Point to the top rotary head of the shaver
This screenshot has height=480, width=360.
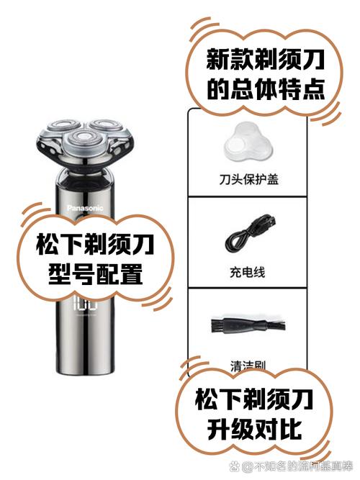tap(81, 141)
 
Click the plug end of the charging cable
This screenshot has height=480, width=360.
tap(266, 224)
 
